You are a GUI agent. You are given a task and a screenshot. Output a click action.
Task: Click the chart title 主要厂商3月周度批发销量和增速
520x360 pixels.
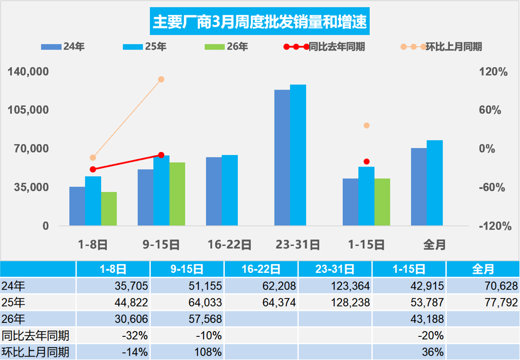pyautogui.click(x=260, y=22)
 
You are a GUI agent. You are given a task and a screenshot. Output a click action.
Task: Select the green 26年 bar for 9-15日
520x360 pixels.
pyautogui.click(x=177, y=194)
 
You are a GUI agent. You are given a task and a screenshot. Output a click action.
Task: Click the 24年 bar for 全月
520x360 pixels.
pyautogui.click(x=418, y=187)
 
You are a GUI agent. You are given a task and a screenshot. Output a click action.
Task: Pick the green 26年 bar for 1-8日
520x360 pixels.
pyautogui.click(x=109, y=209)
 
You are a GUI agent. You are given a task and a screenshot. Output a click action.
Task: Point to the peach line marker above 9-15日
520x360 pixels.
pyautogui.click(x=161, y=79)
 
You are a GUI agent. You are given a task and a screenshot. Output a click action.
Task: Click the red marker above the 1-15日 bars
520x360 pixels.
pyautogui.click(x=366, y=162)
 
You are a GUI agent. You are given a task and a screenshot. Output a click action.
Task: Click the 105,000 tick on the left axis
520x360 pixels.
pyautogui.click(x=29, y=110)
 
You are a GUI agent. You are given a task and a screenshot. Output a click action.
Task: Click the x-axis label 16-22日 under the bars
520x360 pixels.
pyautogui.click(x=230, y=244)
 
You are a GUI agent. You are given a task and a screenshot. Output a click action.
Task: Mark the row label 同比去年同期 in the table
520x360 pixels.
pyautogui.click(x=29, y=335)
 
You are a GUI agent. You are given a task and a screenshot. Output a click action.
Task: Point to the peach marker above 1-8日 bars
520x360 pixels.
pyautogui.click(x=93, y=157)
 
